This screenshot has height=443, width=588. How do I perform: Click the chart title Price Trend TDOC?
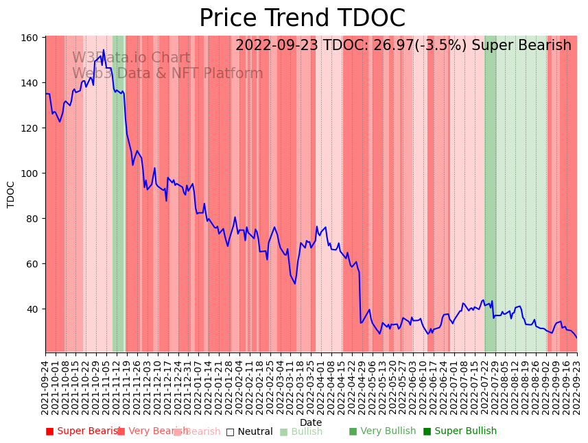[302, 19]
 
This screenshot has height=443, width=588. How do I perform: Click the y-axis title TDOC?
[11, 194]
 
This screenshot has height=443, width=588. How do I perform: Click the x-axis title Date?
[311, 422]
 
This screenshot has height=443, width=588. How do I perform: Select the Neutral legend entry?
[250, 431]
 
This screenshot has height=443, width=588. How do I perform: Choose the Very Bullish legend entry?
[383, 431]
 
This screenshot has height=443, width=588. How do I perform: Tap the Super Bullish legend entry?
[460, 431]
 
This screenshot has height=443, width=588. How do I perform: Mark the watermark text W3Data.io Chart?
[131, 58]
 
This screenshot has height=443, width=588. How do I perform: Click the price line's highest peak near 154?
[104, 50]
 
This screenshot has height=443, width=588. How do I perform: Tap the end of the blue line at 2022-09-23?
[576, 337]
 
